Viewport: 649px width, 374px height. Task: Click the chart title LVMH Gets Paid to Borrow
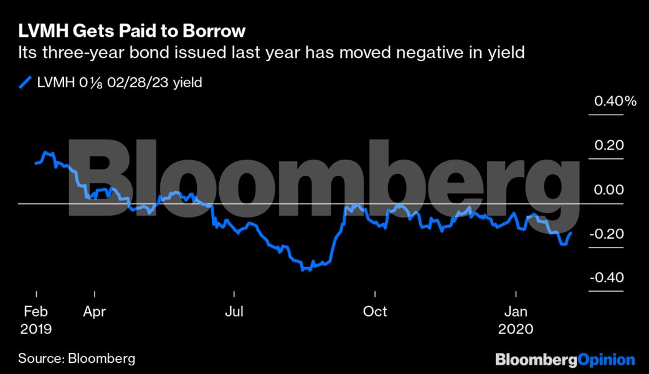tap(132, 31)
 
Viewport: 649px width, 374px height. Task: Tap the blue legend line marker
tap(26, 82)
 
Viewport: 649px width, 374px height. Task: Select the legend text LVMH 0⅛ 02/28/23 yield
tap(119, 82)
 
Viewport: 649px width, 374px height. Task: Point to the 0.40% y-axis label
tap(615, 101)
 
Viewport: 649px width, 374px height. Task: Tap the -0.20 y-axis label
tap(607, 234)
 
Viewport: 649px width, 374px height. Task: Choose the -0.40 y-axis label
tap(607, 277)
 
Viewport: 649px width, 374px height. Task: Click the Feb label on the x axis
tap(36, 311)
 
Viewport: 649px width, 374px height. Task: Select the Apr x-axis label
tap(93, 311)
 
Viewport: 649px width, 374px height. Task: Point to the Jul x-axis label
tap(234, 311)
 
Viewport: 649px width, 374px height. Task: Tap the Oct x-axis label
tap(375, 311)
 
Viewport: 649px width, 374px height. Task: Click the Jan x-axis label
tap(516, 311)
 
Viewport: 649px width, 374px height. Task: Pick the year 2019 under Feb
tap(36, 328)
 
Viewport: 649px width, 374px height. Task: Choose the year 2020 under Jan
tap(516, 328)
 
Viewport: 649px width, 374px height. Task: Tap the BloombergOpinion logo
tap(564, 359)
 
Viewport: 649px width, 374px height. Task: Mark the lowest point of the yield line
tap(303, 270)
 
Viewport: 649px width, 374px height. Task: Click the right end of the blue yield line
tap(571, 233)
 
